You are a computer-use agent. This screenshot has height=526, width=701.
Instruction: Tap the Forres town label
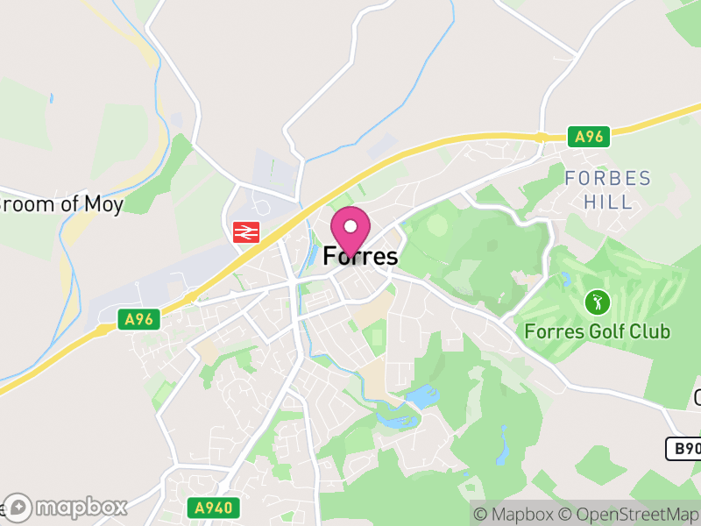[x=360, y=257]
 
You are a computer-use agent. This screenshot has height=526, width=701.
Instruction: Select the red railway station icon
[x=245, y=231]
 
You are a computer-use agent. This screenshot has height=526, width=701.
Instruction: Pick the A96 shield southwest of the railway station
[x=138, y=319]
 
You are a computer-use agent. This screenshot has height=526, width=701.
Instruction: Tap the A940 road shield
[x=212, y=508]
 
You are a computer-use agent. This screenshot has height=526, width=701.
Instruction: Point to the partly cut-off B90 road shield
[x=683, y=449]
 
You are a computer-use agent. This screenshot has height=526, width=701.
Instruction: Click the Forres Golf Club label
[x=598, y=331]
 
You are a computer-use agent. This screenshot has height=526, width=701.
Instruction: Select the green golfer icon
[x=598, y=303]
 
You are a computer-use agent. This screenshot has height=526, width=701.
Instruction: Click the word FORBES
[x=608, y=179]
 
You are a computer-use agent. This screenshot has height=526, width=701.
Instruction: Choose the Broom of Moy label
[x=61, y=204]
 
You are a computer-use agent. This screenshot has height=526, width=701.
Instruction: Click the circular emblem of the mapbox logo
[x=19, y=507]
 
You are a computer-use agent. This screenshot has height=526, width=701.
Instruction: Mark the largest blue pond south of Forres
[x=423, y=396]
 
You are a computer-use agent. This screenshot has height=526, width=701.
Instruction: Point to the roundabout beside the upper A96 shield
[x=541, y=137]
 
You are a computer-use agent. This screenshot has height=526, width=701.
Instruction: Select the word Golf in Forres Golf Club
[x=609, y=331]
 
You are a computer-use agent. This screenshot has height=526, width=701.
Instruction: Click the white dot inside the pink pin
[x=350, y=225]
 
